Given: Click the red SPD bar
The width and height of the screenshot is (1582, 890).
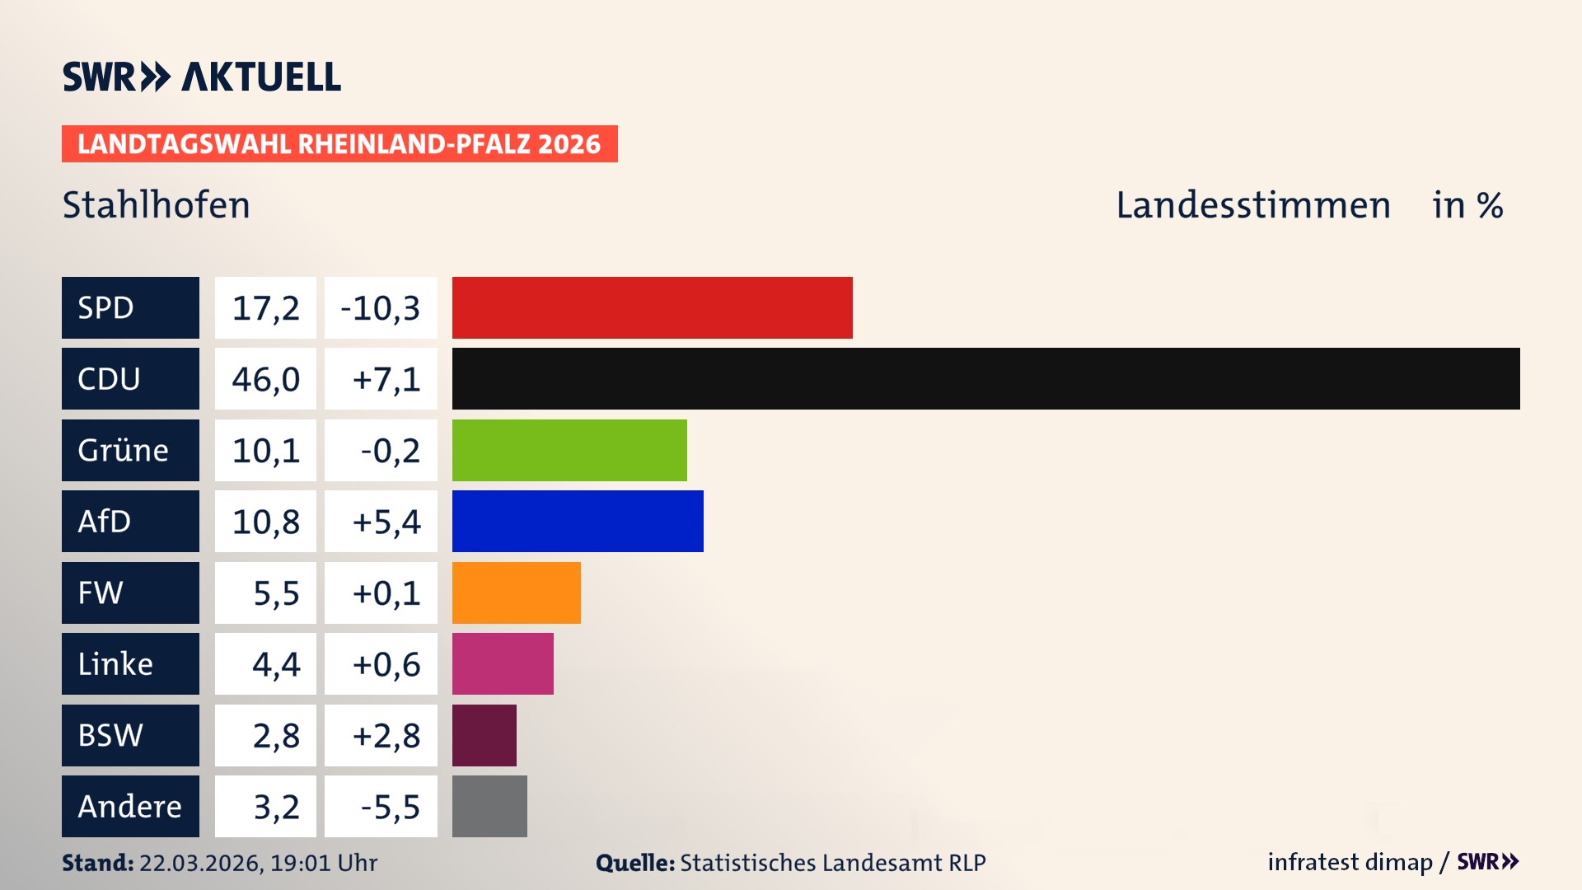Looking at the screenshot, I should (x=652, y=307).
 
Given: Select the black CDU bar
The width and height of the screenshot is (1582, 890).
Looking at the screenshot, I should (x=985, y=378).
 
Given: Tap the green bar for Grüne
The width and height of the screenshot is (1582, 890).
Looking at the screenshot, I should (x=569, y=450).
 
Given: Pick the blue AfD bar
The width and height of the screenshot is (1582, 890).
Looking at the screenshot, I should (x=578, y=521).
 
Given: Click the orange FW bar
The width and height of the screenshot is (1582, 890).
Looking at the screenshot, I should (x=516, y=593).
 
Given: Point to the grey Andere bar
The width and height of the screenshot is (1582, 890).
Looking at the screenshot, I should (x=489, y=806).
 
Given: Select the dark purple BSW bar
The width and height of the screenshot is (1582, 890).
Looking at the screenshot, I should (x=484, y=735).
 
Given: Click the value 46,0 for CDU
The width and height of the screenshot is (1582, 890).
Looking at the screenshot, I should (x=265, y=379).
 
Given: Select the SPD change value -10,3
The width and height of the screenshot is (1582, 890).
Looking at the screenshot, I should (x=381, y=308).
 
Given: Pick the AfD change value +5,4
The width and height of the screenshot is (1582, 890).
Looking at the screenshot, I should (x=386, y=522).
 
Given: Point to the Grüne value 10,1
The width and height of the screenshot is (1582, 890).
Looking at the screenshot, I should (x=265, y=451).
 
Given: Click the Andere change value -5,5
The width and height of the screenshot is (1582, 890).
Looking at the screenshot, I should (x=390, y=807).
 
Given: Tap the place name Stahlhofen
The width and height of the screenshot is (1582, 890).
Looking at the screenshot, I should (x=156, y=205).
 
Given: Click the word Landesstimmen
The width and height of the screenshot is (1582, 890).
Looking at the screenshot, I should (x=1252, y=205).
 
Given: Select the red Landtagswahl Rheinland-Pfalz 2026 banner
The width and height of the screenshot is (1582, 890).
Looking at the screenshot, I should (x=339, y=144).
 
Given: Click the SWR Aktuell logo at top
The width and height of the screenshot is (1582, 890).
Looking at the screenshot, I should (x=202, y=77).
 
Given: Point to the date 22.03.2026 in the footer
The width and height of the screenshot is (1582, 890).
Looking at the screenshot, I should (x=200, y=863).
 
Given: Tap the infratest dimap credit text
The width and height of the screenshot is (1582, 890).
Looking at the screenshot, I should (x=1350, y=862).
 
